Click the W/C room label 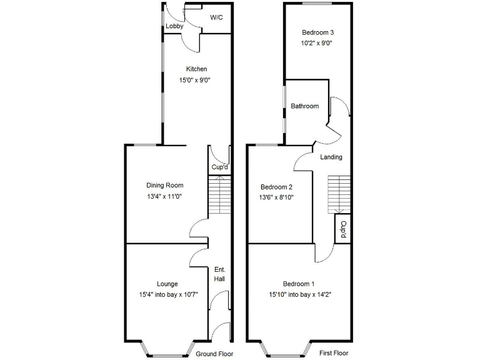click(216, 18)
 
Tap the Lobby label click(174, 26)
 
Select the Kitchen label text click(196, 69)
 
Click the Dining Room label click(165, 185)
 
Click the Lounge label click(167, 283)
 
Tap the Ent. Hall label click(219, 274)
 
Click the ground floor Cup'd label click(219, 167)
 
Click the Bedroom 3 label click(317, 32)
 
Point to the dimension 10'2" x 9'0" click(317, 44)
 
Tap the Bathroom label click(304, 106)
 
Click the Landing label click(331, 157)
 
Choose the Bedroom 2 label click(277, 187)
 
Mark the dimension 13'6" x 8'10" click(277, 197)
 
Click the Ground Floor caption click(214, 354)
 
